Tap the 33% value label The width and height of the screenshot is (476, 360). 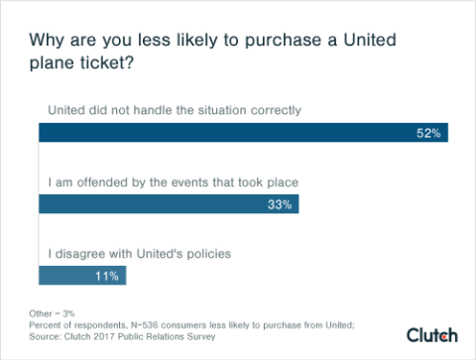tap(280, 205)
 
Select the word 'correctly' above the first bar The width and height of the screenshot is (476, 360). tap(271, 108)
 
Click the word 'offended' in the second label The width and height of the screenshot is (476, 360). tap(106, 181)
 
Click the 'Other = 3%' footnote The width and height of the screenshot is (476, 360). tap(54, 314)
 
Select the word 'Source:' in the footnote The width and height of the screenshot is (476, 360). tap(44, 336)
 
